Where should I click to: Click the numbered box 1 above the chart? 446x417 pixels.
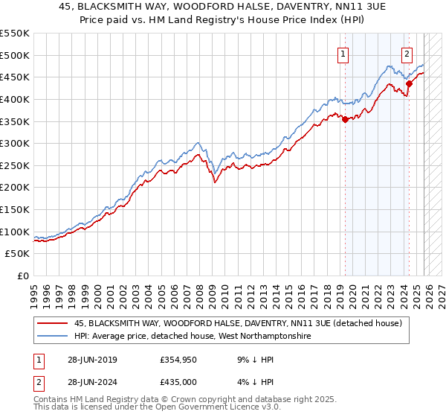(343, 53)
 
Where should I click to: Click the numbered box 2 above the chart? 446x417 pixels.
(408, 53)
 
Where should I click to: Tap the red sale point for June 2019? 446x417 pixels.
(345, 119)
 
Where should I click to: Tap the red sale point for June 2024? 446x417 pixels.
(409, 83)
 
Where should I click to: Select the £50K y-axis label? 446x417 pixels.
(18, 254)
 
